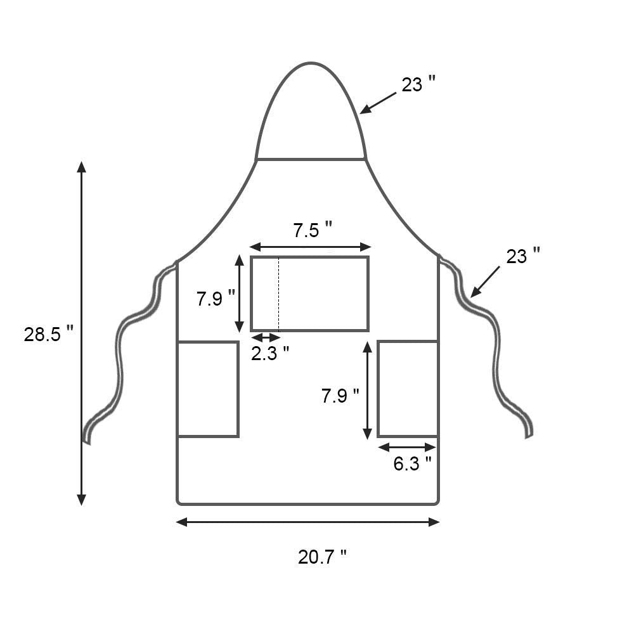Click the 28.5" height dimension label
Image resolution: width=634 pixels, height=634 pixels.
pos(49,335)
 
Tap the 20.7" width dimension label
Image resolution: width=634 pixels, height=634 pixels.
pos(322,557)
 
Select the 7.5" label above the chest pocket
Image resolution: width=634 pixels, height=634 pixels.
pos(312,231)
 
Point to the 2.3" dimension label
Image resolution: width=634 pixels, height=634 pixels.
pos(269,353)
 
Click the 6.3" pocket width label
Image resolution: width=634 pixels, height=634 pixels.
pos(413,463)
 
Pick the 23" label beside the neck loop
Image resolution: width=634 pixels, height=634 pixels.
pos(418,84)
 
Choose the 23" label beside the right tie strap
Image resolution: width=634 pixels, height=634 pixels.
pos(523,256)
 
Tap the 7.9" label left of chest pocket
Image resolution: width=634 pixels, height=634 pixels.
pos(216,299)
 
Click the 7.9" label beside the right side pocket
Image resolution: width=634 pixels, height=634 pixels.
pos(340,396)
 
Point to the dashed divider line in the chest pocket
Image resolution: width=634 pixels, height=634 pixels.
pos(278,294)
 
